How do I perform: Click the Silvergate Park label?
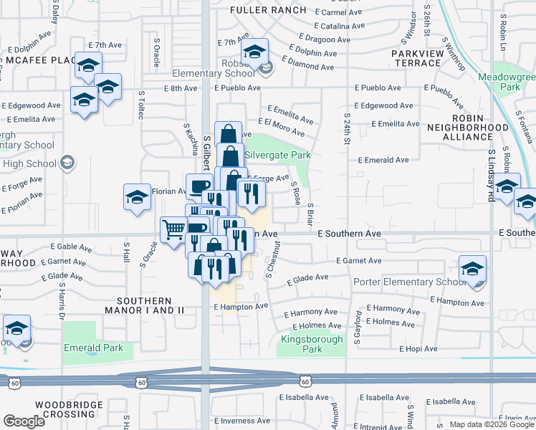click(x=277, y=155)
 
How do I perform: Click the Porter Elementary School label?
click(x=409, y=282)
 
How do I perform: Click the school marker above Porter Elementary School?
click(x=473, y=269)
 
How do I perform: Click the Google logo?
click(x=24, y=421)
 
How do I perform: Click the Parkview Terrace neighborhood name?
click(x=416, y=58)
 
